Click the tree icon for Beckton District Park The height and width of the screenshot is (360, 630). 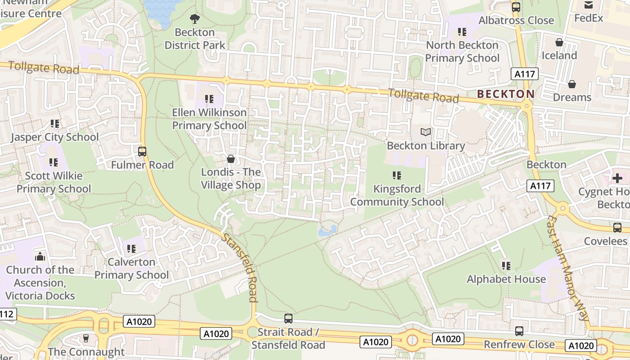coord(194,18)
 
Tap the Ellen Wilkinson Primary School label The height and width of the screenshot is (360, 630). coord(209,119)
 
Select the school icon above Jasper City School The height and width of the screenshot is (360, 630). coord(55,123)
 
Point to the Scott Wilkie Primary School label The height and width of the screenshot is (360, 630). coord(54,182)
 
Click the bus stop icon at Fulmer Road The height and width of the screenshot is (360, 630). coord(142,152)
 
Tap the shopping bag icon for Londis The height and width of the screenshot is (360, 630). coord(231,159)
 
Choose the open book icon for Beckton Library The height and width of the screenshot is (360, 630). coord(425,132)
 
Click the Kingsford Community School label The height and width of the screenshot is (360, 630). coord(397,195)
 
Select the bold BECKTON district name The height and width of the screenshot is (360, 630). coord(506,94)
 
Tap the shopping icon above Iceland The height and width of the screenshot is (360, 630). coord(559,42)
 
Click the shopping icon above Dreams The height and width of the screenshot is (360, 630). coord(571,84)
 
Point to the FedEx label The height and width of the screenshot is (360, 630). coord(589,18)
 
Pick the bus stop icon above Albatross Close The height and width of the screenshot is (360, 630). coord(516,7)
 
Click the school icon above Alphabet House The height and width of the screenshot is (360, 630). coord(506,266)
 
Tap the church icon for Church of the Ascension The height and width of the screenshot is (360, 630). coord(40,256)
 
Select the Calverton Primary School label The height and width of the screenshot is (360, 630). coord(131,268)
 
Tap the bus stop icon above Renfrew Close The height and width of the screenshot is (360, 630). coord(519,331)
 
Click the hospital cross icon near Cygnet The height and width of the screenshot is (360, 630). coord(617,178)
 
